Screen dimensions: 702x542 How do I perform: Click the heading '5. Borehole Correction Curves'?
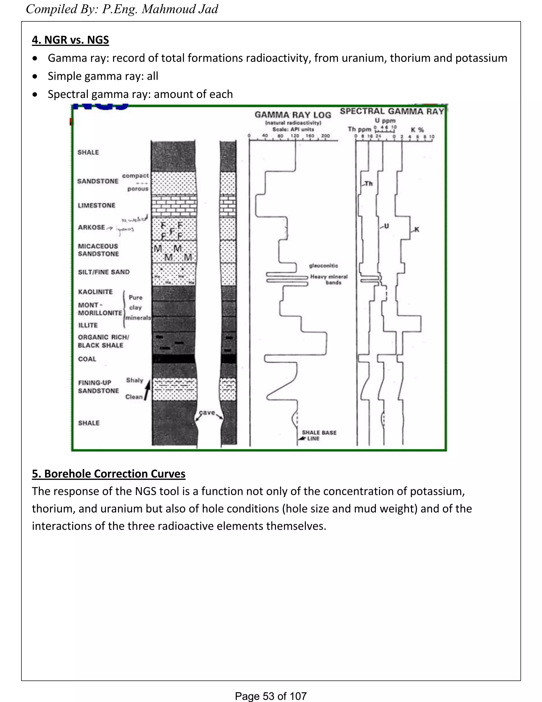[109, 474]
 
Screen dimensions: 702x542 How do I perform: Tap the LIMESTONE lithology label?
[96, 205]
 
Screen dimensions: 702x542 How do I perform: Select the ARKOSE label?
[91, 227]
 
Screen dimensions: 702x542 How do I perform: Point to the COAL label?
[87, 359]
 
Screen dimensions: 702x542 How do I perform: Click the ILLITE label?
[88, 325]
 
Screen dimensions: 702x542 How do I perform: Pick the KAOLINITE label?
[95, 292]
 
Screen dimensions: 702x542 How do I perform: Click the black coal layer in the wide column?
[173, 359]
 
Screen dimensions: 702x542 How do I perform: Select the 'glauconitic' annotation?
[323, 265]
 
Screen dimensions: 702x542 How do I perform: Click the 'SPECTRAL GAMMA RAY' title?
[392, 112]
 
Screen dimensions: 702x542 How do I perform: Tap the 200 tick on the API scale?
[325, 136]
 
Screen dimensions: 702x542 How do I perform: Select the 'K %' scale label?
[417, 130]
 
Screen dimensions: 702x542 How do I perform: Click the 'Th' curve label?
[369, 184]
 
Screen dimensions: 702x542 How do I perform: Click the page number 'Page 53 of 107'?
[271, 696]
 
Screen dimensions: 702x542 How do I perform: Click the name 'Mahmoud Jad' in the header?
[180, 9]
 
